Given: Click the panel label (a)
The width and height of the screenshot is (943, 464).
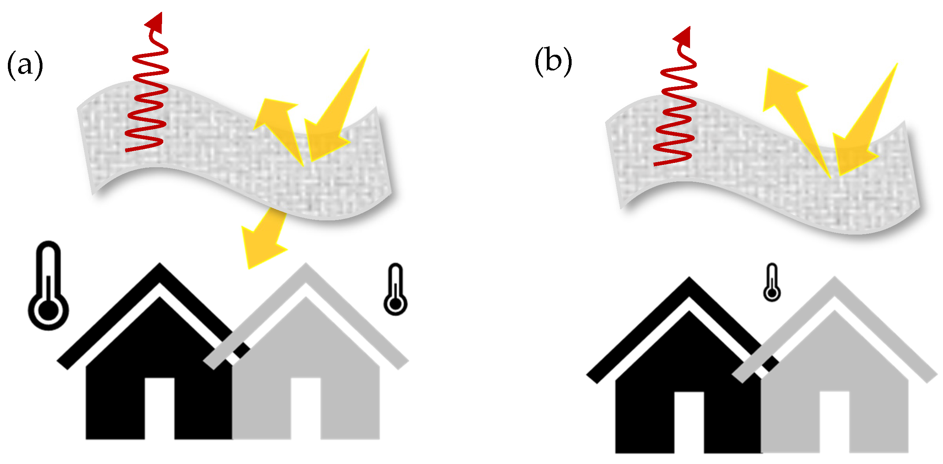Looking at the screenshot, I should [25, 65].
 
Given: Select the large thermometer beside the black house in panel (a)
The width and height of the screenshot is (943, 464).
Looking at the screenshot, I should [48, 286].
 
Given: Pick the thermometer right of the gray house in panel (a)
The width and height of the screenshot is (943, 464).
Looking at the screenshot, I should [395, 290].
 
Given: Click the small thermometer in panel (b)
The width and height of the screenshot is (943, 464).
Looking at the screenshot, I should [772, 283].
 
